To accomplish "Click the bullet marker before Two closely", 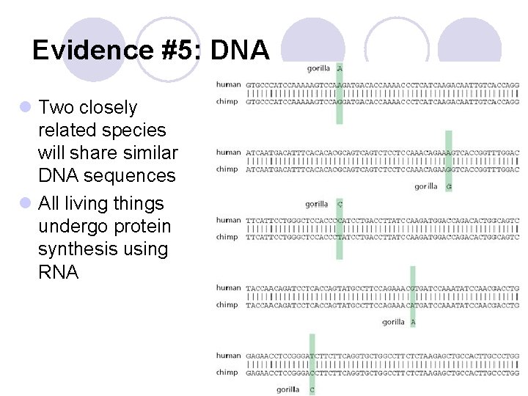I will coord(26,108).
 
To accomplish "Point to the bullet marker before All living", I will coord(26,203).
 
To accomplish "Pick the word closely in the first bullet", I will coord(107,108).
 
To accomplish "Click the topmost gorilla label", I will coord(318,68).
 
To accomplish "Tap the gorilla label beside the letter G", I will coord(425,186).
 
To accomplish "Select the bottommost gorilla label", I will coord(288,389).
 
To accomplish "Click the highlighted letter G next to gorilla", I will coord(449,186).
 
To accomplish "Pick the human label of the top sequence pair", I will coord(228,84).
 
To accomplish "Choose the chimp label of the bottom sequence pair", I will coord(227,373).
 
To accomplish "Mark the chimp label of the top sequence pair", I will coord(227,101).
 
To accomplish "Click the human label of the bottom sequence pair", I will coord(228,356).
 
